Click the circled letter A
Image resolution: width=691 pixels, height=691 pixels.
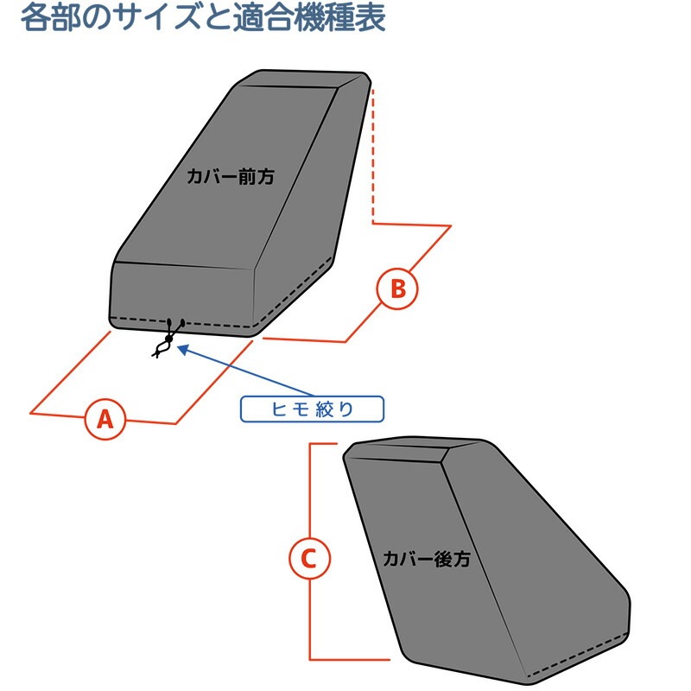(x=105, y=419)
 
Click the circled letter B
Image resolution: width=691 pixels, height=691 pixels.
(x=397, y=288)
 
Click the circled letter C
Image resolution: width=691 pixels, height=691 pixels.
(x=308, y=559)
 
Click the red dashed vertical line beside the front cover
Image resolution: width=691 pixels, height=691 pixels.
(x=372, y=155)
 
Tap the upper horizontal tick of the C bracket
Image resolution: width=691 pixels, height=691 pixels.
(x=321, y=444)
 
